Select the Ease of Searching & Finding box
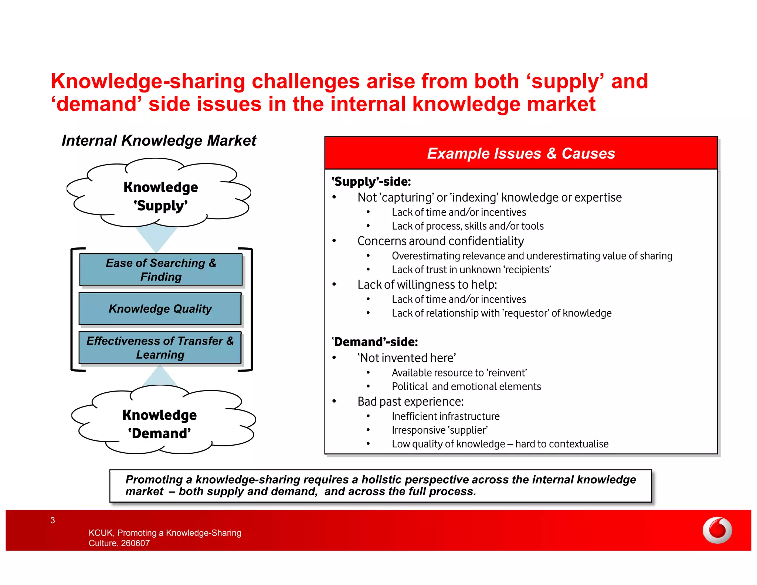point(161,270)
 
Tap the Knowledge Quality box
point(160,309)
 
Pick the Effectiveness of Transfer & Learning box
point(160,348)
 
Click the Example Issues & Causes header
point(520,153)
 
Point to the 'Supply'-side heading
point(371,182)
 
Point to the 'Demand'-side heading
point(375,342)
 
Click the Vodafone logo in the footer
point(717,530)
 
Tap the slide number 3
point(52,520)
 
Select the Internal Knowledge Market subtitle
point(159,141)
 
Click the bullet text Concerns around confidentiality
point(440,241)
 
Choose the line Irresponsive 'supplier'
point(439,430)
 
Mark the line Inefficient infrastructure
point(445,416)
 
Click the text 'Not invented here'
point(407,358)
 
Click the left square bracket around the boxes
point(73,309)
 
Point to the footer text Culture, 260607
point(119,543)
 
